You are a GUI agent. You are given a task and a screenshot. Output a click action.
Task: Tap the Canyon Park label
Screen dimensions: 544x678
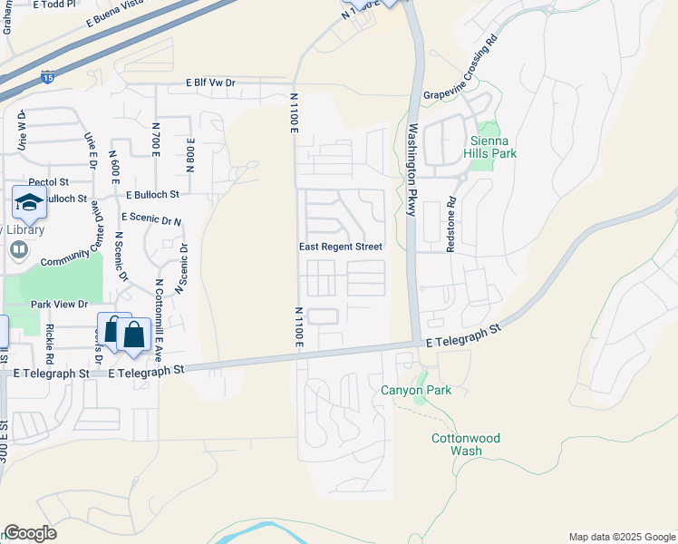[x=415, y=391]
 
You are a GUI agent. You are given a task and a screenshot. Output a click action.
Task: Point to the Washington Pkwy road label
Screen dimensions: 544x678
[x=412, y=170]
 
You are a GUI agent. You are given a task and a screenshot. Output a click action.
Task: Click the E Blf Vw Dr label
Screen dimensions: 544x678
[x=210, y=83]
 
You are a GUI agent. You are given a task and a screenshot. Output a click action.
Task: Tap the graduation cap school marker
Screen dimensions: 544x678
[x=29, y=202]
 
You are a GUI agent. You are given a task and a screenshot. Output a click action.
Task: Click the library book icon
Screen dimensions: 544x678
[x=18, y=249]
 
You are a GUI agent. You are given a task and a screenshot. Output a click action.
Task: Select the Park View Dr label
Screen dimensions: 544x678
[x=59, y=305]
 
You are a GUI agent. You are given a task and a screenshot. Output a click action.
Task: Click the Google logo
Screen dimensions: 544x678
[x=30, y=533]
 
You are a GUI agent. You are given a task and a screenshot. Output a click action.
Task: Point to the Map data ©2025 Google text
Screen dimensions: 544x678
[x=621, y=537]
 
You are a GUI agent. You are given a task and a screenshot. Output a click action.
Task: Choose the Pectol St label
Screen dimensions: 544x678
[x=49, y=181]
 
